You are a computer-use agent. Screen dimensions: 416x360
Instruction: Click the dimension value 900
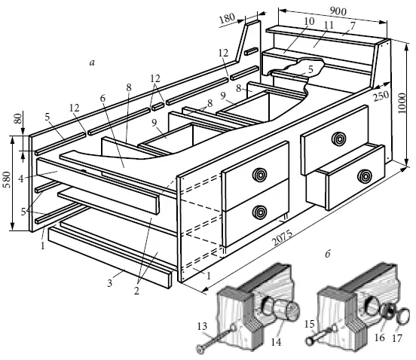point(338,11)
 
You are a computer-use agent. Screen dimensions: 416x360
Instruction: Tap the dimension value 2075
point(283,238)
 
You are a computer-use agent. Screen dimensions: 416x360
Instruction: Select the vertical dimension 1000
point(402,103)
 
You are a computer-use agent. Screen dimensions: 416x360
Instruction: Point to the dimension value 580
point(7,180)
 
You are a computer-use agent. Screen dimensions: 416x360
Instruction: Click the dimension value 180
point(227,18)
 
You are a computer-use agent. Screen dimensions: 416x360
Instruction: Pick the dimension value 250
point(381,96)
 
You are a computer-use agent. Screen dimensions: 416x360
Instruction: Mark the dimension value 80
point(17,119)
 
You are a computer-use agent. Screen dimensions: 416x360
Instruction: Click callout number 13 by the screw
point(202,326)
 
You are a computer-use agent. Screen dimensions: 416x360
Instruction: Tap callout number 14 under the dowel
point(276,342)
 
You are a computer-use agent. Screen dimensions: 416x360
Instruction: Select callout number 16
point(379,337)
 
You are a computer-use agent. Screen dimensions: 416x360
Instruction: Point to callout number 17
point(397,337)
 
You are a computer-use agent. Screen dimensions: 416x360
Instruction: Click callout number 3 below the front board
point(109,283)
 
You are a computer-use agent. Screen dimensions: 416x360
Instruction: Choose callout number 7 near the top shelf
point(353,26)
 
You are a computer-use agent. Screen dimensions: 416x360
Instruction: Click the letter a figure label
point(92,63)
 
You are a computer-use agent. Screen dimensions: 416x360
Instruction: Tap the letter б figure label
point(328,254)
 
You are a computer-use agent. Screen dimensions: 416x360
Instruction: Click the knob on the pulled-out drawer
point(365,176)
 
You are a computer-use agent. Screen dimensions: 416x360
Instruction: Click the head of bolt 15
point(309,340)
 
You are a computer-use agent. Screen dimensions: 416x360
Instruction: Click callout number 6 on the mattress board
point(102,99)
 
